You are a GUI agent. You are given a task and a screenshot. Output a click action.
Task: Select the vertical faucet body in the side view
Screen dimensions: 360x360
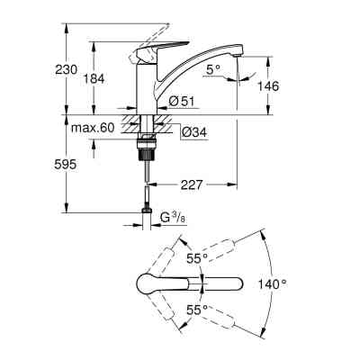click(144, 85)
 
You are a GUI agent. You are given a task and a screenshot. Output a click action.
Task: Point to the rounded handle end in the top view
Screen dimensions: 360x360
click(144, 283)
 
